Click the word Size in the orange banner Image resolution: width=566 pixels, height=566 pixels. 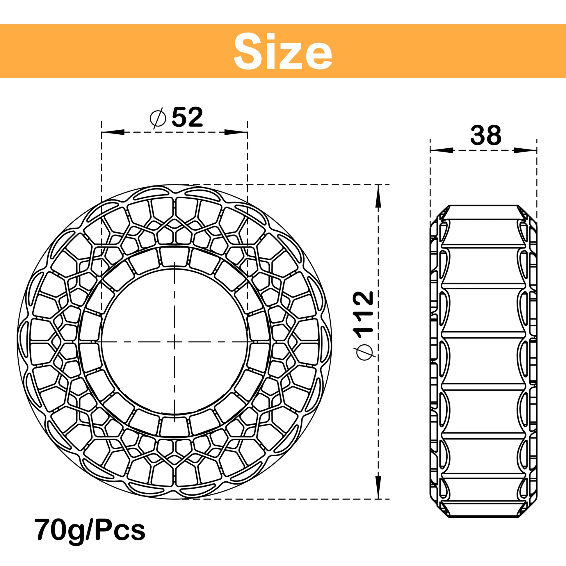click(x=283, y=51)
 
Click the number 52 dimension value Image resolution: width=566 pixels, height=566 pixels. click(x=187, y=117)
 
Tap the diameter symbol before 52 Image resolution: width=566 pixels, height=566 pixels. click(x=158, y=118)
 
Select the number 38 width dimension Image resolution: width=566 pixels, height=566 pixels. click(x=486, y=135)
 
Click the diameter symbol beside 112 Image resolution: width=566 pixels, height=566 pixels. click(x=364, y=353)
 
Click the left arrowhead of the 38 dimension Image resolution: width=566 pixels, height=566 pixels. click(x=441, y=150)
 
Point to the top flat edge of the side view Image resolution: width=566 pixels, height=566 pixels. click(x=483, y=205)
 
